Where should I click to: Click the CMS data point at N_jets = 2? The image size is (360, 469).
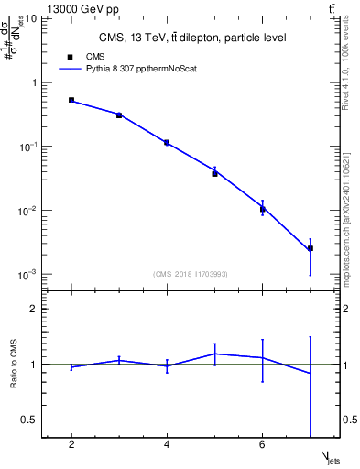(71, 100)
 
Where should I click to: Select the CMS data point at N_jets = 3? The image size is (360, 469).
(119, 115)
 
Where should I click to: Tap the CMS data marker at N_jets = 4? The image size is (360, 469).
(167, 143)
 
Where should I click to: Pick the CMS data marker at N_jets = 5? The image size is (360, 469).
(214, 173)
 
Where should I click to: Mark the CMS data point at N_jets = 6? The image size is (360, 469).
(262, 210)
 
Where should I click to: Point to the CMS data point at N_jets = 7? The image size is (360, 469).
(310, 248)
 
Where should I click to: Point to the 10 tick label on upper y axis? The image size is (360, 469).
(31, 18)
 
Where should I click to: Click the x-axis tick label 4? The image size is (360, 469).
(167, 445)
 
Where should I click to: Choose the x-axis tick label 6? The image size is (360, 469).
(262, 445)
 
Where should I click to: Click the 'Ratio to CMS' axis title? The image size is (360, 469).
(15, 365)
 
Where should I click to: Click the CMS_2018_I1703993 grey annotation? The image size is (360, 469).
(191, 273)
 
